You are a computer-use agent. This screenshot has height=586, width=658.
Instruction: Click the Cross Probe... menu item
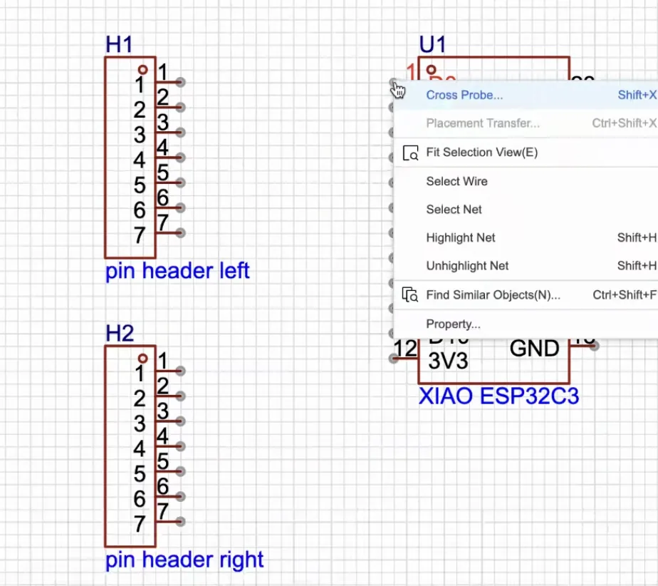[464, 95]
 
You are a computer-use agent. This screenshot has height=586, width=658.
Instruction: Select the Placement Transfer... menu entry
[483, 123]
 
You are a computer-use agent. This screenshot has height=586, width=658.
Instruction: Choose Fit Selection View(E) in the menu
[481, 152]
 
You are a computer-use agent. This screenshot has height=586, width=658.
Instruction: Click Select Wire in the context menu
[456, 181]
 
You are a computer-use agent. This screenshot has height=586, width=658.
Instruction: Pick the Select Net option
[454, 210]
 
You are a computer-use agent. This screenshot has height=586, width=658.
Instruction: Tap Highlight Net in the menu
[460, 237]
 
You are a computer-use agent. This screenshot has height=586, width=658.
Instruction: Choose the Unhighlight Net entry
[467, 266]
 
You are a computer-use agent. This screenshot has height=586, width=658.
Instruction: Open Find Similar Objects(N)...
[493, 294]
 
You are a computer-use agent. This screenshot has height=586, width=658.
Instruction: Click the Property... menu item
[453, 324]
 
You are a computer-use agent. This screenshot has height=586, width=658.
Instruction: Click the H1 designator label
[119, 44]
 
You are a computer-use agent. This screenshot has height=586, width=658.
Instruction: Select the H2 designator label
[120, 333]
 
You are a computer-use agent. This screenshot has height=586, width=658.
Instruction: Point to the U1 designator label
[432, 44]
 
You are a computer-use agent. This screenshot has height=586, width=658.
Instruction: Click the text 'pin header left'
[177, 271]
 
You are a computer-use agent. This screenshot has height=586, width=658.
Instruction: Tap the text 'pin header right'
[184, 560]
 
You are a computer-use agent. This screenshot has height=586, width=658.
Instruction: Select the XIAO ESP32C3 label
[498, 396]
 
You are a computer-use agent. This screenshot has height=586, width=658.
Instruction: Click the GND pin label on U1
[534, 349]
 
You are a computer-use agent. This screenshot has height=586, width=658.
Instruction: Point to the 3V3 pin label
[449, 361]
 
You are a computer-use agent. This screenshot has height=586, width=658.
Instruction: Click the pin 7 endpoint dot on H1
[181, 233]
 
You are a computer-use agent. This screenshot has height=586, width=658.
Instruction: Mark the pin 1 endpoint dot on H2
[181, 371]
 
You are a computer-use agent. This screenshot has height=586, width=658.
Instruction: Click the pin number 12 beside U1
[406, 349]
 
